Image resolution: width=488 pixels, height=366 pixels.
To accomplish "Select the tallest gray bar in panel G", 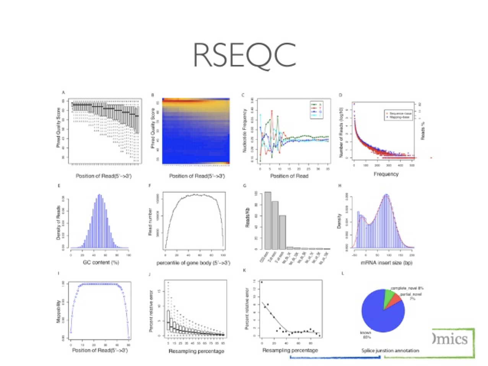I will tap(268, 220).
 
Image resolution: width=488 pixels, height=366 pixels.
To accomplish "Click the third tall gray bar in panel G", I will tap(282, 232).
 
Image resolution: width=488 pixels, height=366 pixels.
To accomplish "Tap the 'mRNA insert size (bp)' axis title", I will tap(375, 263).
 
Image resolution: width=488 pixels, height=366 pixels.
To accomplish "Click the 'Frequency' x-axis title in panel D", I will tap(387, 174).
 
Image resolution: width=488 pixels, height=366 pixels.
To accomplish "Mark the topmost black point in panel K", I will tap(261, 282).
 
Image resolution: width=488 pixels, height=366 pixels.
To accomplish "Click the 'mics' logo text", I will tap(452, 339).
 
